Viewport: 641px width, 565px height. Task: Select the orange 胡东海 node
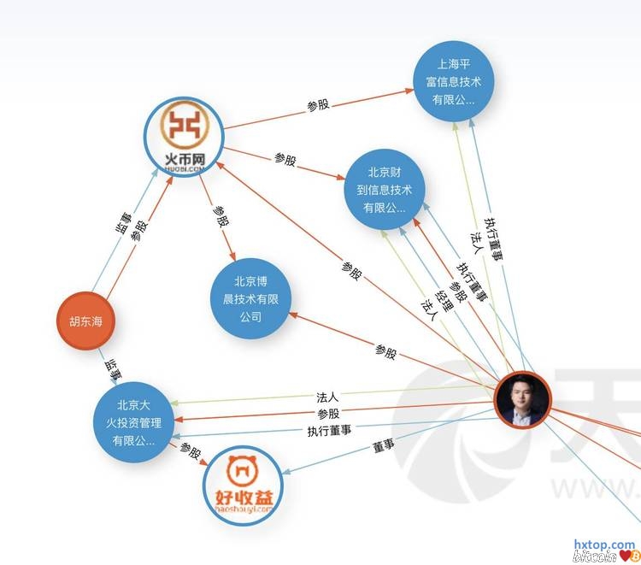[x=85, y=321]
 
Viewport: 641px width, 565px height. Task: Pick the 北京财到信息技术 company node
[x=384, y=190]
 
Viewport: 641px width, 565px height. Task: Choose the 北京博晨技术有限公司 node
[x=250, y=299]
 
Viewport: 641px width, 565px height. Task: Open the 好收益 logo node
[x=242, y=485]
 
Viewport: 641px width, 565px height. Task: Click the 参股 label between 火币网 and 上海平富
[x=318, y=105]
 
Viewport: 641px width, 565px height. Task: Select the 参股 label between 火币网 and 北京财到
[x=285, y=159]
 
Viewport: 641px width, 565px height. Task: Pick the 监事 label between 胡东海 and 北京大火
[x=112, y=368]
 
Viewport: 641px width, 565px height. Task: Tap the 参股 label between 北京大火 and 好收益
[x=190, y=452]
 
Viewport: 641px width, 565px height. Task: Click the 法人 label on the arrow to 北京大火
[x=327, y=397]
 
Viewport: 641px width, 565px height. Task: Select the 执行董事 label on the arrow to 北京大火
[x=329, y=429]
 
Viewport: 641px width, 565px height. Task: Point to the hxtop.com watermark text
[x=604, y=544]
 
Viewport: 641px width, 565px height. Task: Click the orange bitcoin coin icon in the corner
[x=633, y=557]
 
